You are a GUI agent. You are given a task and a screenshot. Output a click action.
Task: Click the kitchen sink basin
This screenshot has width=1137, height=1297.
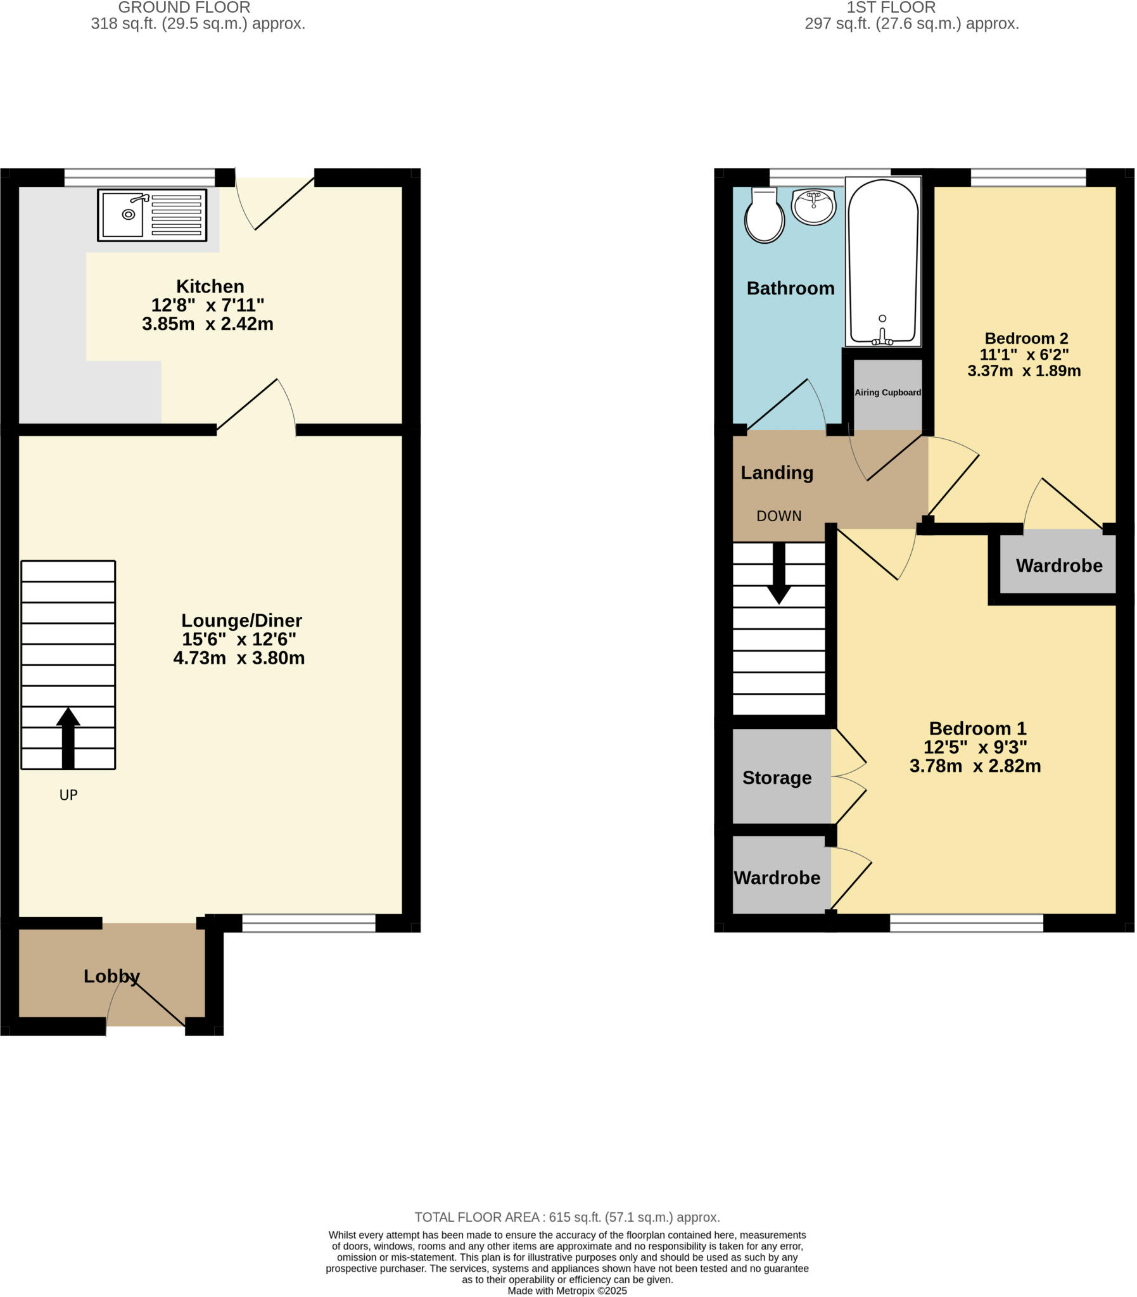coord(123,215)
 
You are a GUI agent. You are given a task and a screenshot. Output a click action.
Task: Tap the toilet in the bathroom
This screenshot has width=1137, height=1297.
coord(765,218)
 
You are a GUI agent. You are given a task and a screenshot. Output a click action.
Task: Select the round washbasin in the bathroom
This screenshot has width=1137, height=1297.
coord(813,206)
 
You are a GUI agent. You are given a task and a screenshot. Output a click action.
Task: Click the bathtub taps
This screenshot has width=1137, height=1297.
coord(882,340)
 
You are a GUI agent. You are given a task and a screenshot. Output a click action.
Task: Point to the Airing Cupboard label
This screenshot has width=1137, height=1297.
coord(887,393)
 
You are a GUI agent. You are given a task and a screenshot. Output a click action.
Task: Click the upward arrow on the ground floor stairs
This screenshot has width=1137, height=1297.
coord(68,737)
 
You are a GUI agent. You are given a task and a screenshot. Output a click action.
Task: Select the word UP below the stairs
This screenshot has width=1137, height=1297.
coord(68,795)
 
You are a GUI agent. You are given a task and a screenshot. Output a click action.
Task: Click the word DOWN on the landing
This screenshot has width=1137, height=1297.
coord(779,516)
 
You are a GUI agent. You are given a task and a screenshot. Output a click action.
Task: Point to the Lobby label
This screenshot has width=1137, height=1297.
coord(111,976)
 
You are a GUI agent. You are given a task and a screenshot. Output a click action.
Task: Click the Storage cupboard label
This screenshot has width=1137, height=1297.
coord(777,778)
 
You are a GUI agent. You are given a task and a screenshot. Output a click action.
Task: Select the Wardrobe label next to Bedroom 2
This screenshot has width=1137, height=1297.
coord(1059,566)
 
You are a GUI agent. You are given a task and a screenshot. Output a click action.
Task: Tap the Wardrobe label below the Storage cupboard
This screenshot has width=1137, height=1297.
coord(777,878)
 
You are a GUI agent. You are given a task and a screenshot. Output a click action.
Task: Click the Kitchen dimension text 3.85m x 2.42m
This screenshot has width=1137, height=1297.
coord(208,324)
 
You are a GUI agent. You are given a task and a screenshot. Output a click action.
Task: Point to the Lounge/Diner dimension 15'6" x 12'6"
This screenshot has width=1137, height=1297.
coord(239,639)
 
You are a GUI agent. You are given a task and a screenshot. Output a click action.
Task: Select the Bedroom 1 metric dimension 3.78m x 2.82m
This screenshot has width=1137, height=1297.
coord(975,766)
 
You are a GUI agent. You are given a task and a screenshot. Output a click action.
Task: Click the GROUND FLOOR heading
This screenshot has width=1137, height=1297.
coord(184,8)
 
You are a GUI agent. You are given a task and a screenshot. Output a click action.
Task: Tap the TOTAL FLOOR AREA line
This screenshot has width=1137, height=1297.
coord(567,1217)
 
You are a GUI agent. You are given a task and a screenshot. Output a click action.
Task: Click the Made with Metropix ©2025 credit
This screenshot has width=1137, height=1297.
coord(567,1291)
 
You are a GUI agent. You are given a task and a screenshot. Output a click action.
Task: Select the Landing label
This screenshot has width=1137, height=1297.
coord(777,472)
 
